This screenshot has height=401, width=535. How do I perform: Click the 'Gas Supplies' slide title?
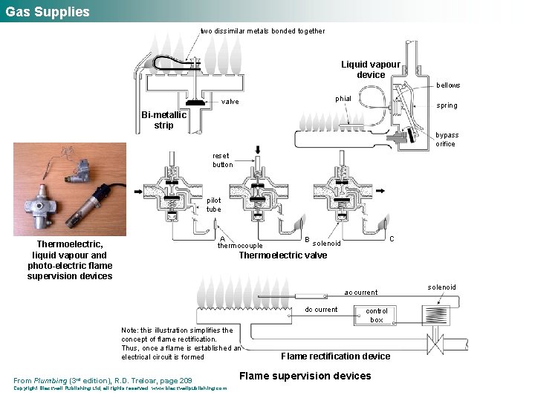[48, 12]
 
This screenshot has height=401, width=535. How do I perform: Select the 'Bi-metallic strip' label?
[163, 120]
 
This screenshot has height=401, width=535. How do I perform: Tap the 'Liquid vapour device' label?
[370, 70]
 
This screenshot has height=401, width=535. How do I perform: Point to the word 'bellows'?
[448, 85]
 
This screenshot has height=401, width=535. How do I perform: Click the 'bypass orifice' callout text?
[447, 140]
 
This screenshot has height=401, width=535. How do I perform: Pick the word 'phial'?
[343, 98]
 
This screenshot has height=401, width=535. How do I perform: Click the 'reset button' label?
[222, 160]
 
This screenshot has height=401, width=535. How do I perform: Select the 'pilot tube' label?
[214, 205]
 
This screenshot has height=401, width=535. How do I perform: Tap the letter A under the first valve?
[223, 239]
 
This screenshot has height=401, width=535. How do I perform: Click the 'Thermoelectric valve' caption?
[282, 256]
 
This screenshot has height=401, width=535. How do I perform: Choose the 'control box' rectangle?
[377, 315]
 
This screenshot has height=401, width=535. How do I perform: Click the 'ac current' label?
[361, 293]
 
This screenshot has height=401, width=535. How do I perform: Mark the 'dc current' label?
[321, 310]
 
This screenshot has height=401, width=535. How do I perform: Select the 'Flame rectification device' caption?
[335, 356]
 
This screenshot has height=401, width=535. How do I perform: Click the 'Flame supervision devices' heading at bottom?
[305, 376]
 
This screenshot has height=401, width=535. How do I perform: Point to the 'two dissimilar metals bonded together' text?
[262, 31]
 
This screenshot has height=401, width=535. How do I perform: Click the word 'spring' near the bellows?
[447, 105]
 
